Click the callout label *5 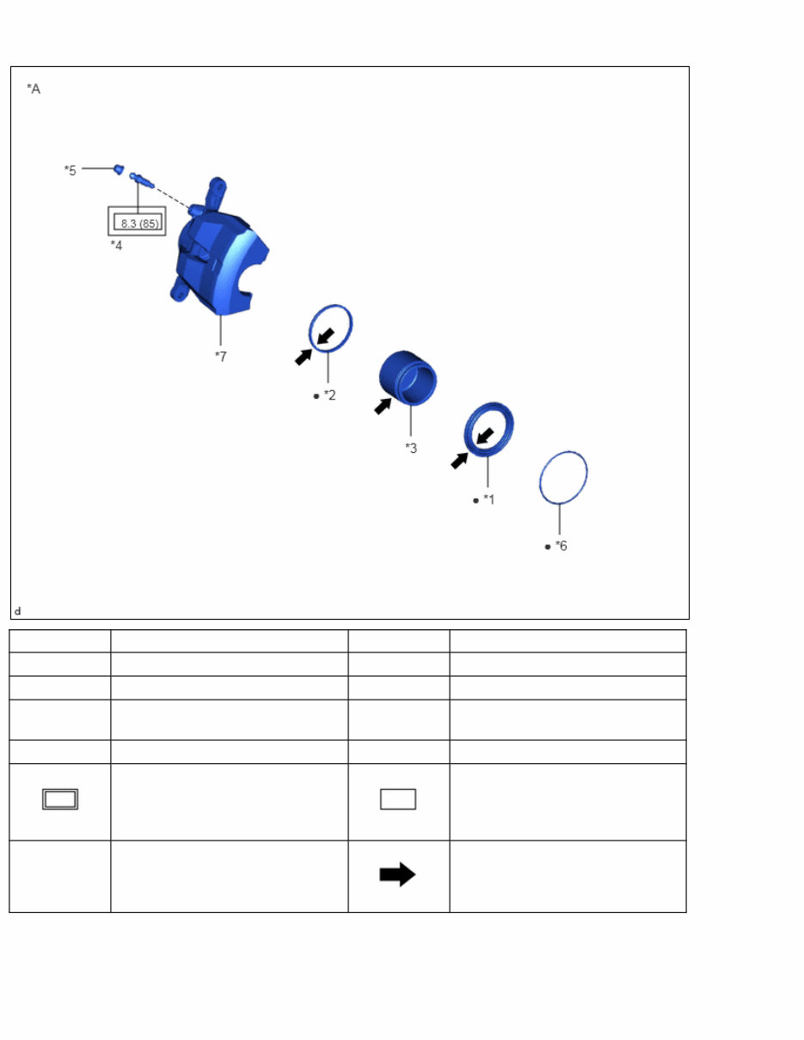(x=70, y=170)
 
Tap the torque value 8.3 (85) (x=139, y=223)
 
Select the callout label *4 (x=116, y=245)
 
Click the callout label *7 (x=221, y=356)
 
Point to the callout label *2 (x=329, y=395)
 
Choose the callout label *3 (x=411, y=448)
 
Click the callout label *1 (x=488, y=499)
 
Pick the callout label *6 (x=561, y=546)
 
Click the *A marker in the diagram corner (x=34, y=89)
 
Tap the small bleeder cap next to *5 (x=119, y=169)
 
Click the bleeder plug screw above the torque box (x=142, y=180)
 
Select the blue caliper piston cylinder (x=408, y=378)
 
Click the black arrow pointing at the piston (x=383, y=407)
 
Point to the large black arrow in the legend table (x=397, y=874)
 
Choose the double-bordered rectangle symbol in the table (x=60, y=798)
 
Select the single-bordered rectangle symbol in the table (x=398, y=798)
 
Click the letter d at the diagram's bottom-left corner (x=18, y=611)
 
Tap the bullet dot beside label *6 (x=548, y=547)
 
